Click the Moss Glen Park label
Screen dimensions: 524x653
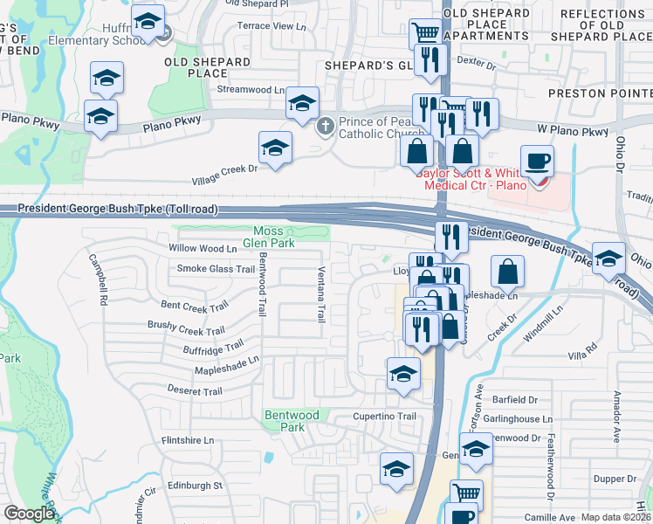coord(261,237)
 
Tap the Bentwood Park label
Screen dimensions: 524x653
coord(286,421)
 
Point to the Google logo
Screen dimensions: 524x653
coord(28,514)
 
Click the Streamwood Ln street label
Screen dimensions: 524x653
coord(251,89)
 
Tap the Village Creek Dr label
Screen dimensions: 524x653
coord(225,175)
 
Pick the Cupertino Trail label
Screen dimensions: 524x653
coord(384,417)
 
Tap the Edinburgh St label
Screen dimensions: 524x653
coord(195,485)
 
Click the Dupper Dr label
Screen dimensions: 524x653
coord(615,479)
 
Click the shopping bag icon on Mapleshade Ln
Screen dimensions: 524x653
coord(507,273)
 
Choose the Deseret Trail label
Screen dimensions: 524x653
coord(195,391)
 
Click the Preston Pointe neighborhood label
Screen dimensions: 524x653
coord(600,93)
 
